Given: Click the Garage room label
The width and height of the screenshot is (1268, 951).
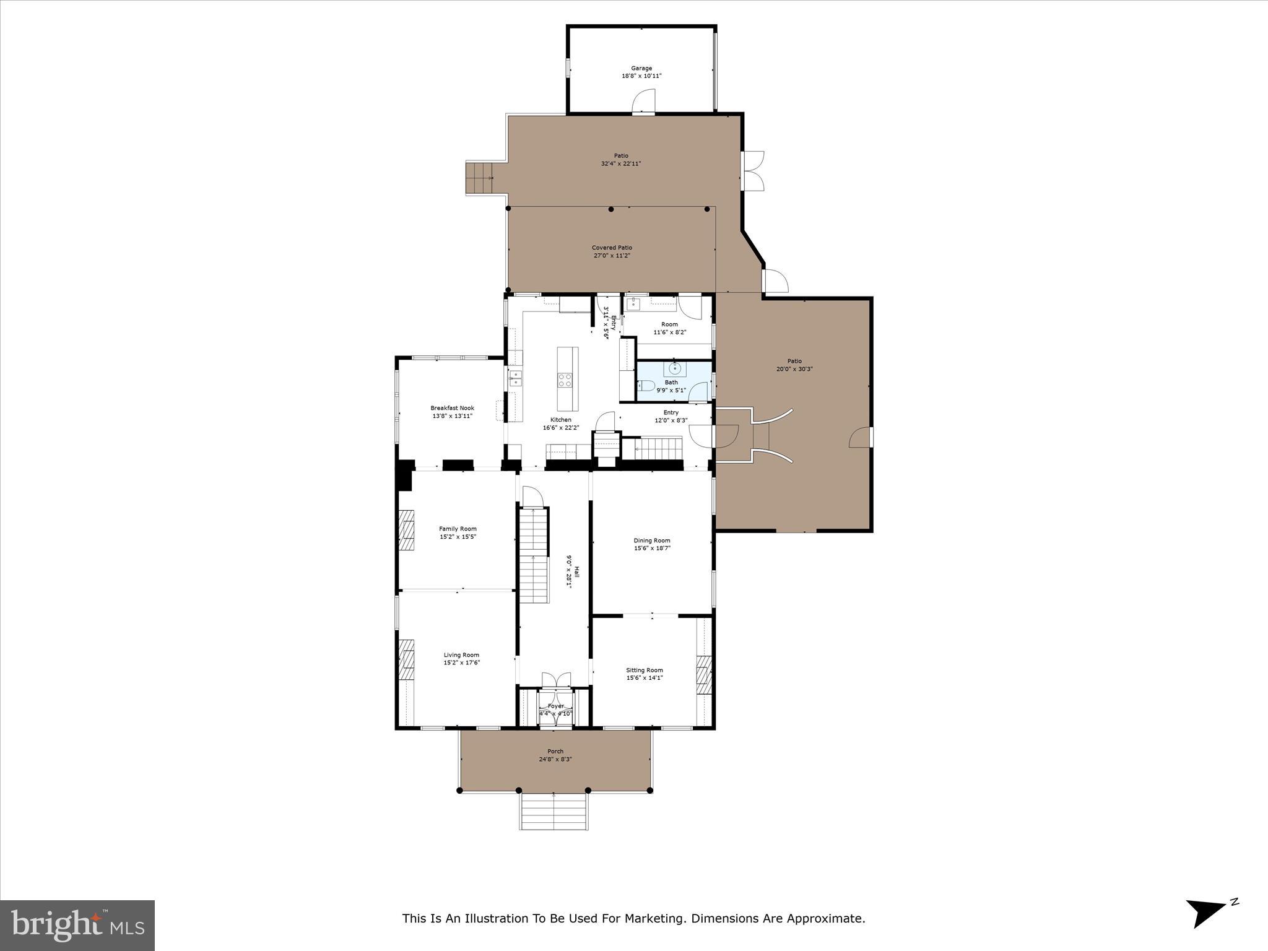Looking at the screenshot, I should pos(641,68).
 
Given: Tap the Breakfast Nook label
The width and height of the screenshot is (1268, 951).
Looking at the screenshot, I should pos(452,408).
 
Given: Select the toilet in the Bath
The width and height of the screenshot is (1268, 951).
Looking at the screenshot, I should pos(646,386).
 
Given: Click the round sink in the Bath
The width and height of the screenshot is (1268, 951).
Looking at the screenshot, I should pos(674,369).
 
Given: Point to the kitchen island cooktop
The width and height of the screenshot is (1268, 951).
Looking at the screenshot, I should pos(565,380).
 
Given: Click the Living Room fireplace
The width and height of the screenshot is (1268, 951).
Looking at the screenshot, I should pos(406,659).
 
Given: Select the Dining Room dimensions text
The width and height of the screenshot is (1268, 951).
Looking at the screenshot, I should pos(652,548).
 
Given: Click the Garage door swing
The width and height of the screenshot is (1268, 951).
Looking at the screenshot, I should pos(644,102).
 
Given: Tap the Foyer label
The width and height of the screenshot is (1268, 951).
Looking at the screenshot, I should pos(555,706).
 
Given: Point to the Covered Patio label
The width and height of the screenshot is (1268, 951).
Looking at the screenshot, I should pos(612,248).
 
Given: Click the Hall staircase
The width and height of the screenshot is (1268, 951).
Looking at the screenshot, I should pos(534,554).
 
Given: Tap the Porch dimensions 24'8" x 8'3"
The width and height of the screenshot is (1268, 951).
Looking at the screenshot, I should pos(555,759).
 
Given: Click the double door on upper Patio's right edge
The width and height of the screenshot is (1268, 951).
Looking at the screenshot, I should pos(753,170).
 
